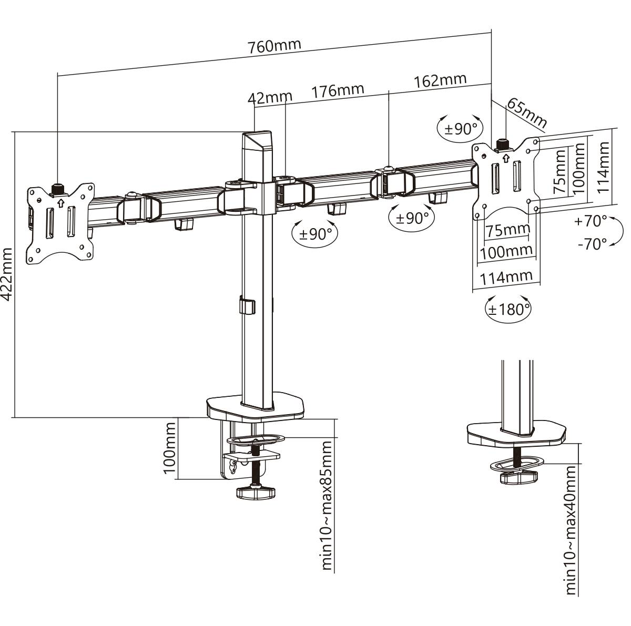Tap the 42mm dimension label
click(270, 97)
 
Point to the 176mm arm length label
click(338, 90)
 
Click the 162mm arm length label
click(440, 80)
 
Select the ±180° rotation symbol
click(507, 309)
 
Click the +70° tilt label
click(591, 221)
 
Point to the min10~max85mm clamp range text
click(327, 498)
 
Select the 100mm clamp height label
click(169, 448)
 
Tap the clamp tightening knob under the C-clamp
click(256, 492)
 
